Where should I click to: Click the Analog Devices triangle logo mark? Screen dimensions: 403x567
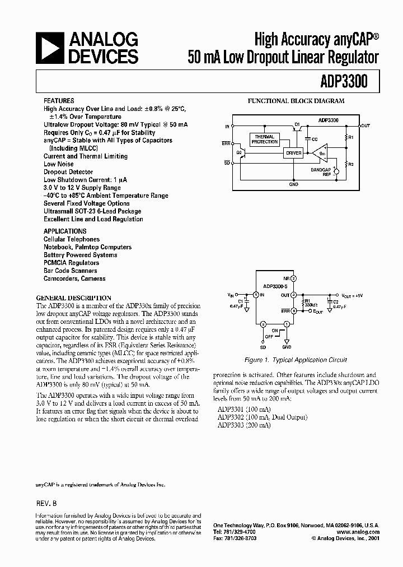[x=50, y=48]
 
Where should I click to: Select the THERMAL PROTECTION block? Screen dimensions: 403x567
[x=264, y=140]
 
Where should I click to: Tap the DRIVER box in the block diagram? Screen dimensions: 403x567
[x=293, y=153]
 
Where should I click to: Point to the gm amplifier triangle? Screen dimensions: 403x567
[x=320, y=153]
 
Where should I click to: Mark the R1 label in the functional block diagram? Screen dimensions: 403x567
[x=352, y=137]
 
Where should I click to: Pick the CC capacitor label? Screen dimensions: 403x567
[x=315, y=138]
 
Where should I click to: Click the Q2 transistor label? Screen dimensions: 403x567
[x=238, y=152]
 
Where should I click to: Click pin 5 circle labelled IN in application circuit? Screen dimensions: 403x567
[x=256, y=295]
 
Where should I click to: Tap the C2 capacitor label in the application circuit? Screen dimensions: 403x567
[x=336, y=301]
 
